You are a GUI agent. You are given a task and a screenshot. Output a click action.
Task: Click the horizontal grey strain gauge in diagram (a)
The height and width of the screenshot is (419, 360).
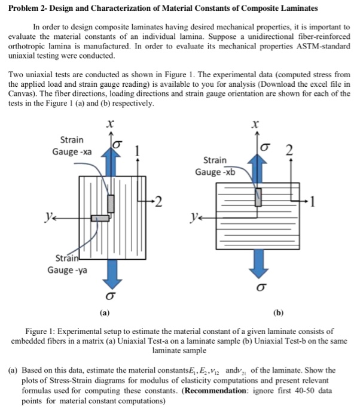100,218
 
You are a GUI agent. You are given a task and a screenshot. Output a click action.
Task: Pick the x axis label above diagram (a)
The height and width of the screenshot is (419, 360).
109,123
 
